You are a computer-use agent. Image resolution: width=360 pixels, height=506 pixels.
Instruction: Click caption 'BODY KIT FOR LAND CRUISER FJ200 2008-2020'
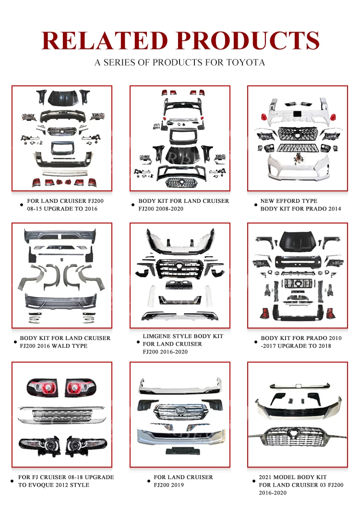coord(183,205)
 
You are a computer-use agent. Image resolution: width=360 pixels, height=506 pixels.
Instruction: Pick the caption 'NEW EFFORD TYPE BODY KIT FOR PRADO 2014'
coord(300,205)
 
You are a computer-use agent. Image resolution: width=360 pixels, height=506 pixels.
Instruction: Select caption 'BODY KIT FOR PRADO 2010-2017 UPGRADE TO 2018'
coord(301,342)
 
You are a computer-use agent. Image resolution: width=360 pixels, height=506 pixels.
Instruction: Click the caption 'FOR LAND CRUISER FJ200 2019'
coord(183,481)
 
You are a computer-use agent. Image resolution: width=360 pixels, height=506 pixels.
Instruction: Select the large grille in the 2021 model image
coord(297,437)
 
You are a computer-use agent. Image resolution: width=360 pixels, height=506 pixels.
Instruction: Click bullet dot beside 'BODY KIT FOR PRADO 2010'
coord(256,342)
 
